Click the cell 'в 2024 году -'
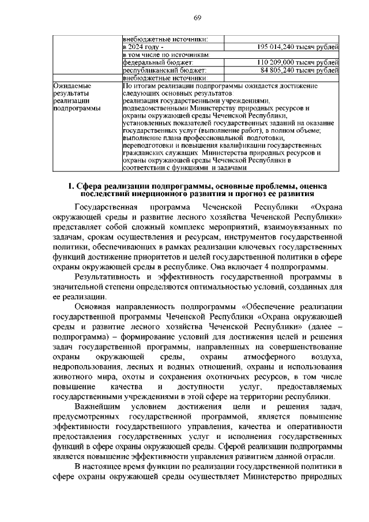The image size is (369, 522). (144, 47)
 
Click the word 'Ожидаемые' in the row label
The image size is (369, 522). (71, 85)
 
